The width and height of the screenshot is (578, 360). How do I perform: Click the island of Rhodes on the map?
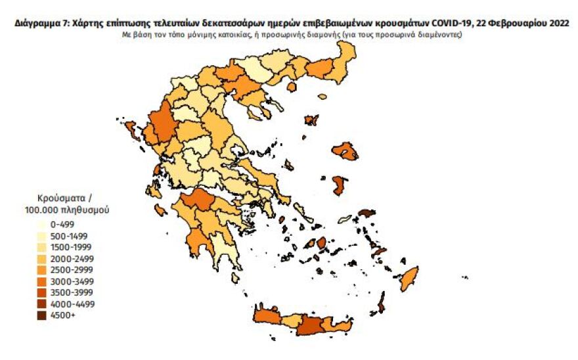(x=409, y=279)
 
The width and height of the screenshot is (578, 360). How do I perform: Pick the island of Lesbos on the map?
(x=345, y=151)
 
